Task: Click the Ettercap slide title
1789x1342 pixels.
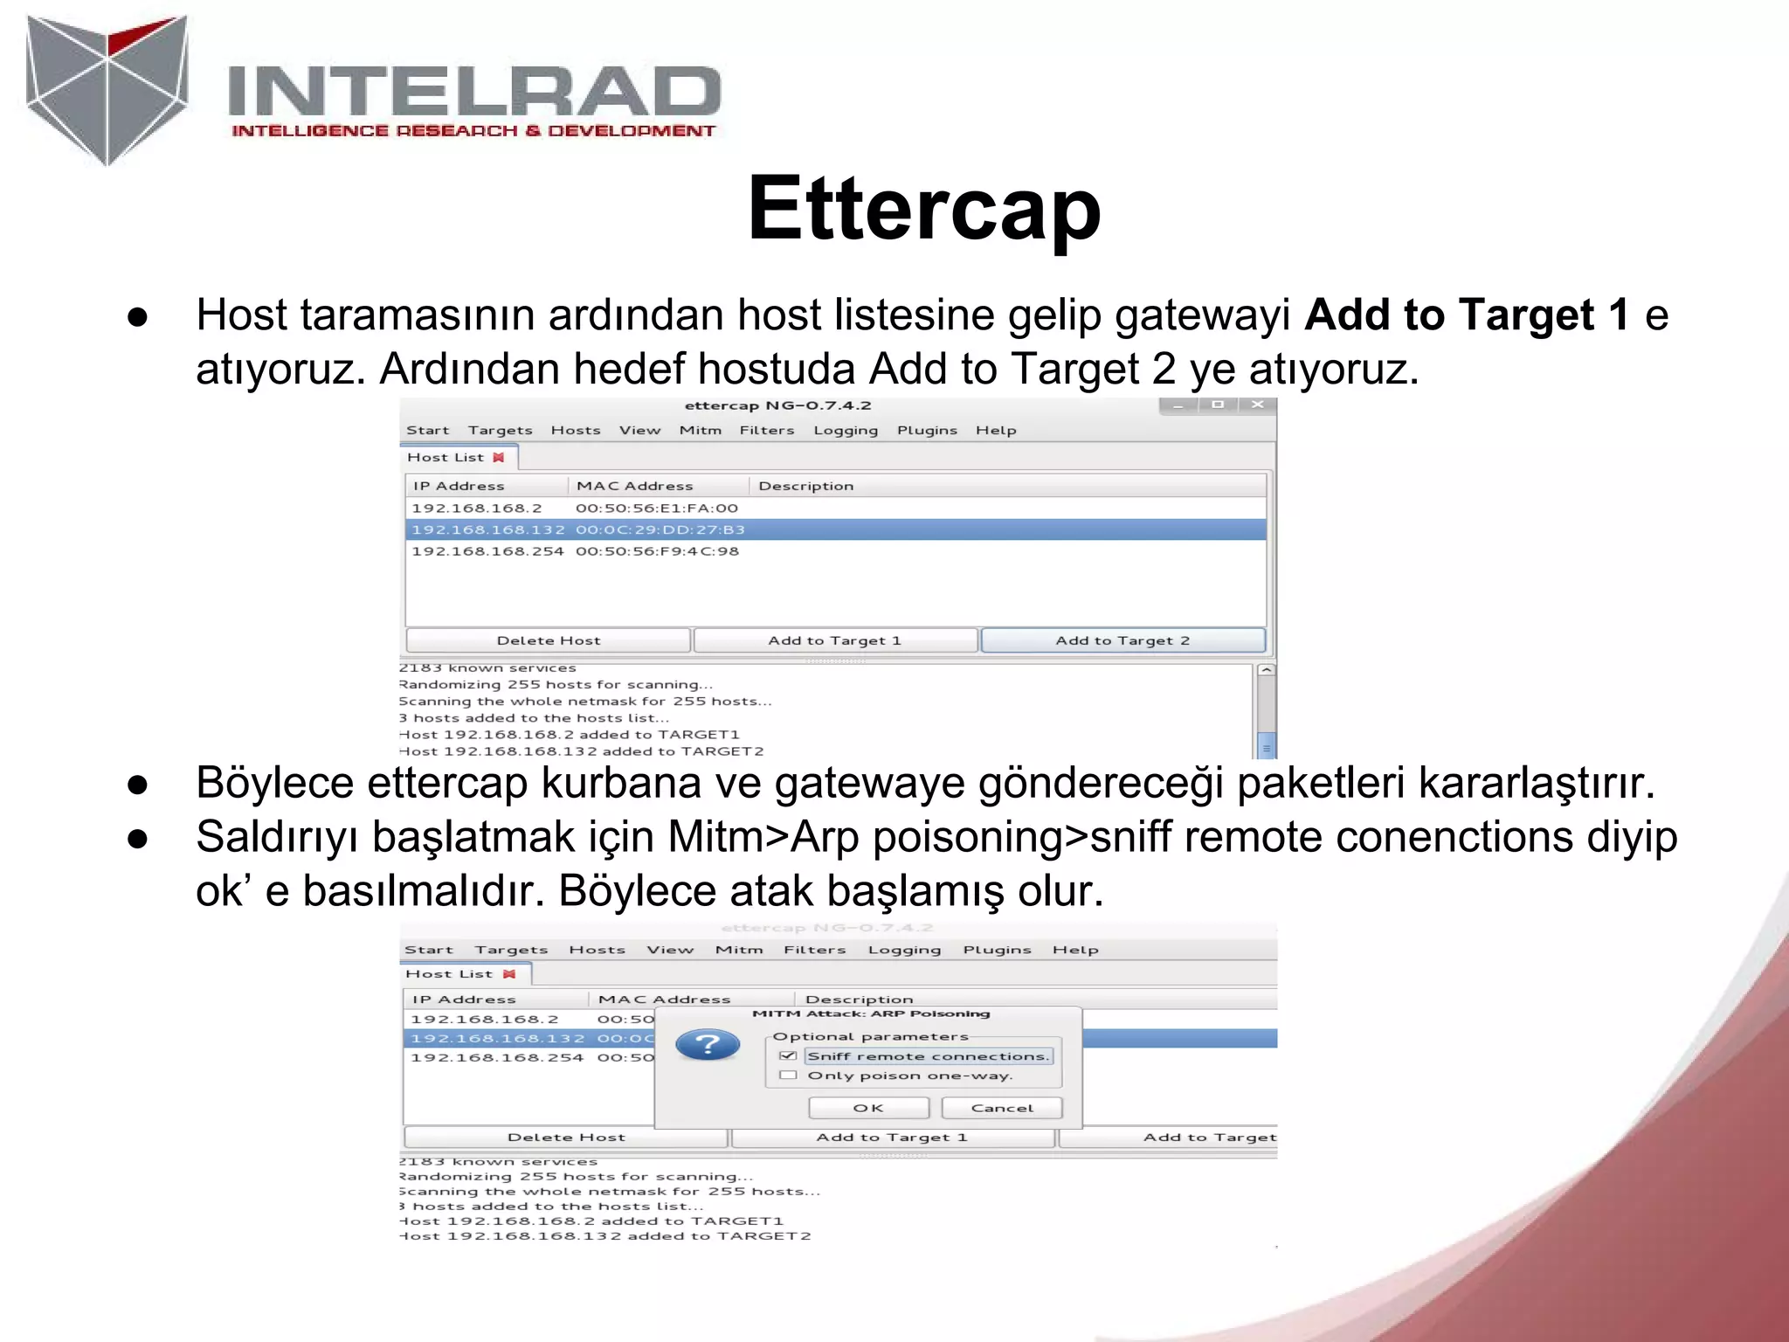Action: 923,210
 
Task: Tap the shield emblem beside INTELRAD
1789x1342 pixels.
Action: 107,89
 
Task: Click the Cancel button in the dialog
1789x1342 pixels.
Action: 1001,1108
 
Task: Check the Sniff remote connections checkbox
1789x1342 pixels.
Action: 788,1055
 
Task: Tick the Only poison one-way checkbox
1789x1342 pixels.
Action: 788,1076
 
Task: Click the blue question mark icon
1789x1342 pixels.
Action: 708,1045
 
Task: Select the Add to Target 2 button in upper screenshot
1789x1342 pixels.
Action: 1122,640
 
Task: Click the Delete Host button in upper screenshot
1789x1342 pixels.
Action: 549,640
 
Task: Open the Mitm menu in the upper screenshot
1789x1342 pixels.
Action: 701,430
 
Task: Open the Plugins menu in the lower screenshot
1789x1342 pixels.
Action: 997,950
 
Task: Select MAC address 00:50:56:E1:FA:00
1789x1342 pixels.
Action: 657,508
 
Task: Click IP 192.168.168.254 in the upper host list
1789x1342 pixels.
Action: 487,551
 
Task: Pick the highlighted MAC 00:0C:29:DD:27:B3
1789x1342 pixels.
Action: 660,529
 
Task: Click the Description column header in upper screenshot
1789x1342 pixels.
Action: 805,486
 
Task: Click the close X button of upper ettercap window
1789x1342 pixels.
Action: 1258,405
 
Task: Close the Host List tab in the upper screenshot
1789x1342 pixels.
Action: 499,457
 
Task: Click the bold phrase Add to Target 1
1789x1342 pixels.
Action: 1467,315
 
